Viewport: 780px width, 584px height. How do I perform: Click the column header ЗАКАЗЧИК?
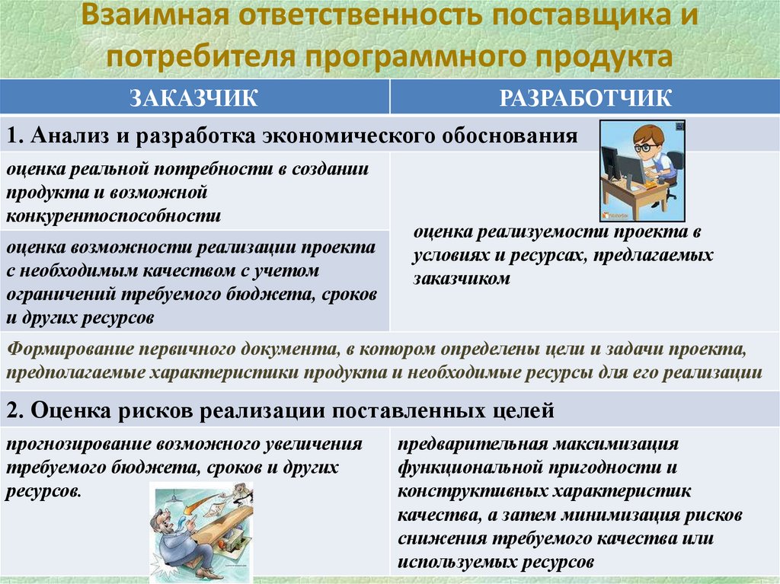tap(195, 98)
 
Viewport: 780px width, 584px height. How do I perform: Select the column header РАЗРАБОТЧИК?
tap(585, 98)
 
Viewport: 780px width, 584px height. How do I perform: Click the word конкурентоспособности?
tap(114, 215)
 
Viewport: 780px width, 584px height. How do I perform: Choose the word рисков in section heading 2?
tap(157, 412)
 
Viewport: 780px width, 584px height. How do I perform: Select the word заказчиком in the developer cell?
tap(462, 279)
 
